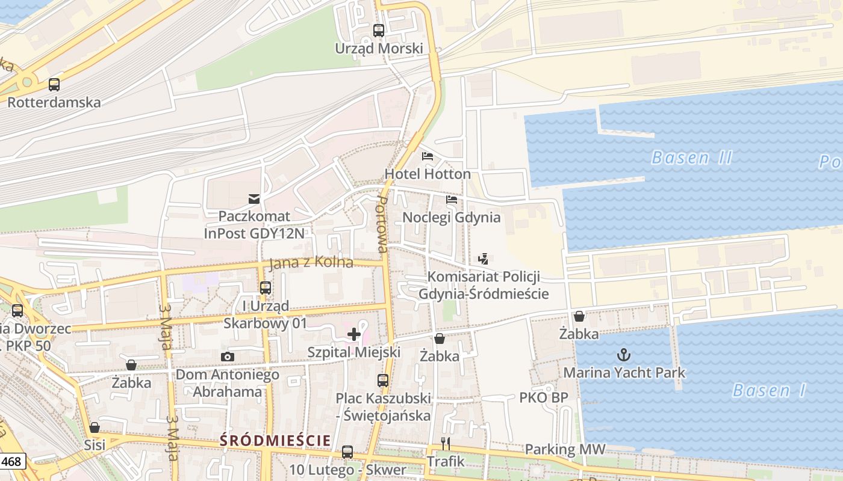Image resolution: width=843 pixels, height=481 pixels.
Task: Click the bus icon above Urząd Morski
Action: pyautogui.click(x=378, y=30)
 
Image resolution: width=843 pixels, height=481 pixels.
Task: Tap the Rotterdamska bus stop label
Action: pyautogui.click(x=54, y=102)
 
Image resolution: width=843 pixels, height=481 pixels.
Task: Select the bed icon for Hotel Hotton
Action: pyautogui.click(x=428, y=156)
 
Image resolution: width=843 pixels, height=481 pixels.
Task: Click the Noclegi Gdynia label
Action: pyautogui.click(x=452, y=217)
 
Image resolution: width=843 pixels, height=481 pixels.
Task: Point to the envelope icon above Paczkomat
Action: pyautogui.click(x=254, y=198)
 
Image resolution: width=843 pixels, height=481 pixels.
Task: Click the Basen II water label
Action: pyautogui.click(x=692, y=158)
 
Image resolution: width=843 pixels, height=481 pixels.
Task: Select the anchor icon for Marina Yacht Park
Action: pyautogui.click(x=624, y=355)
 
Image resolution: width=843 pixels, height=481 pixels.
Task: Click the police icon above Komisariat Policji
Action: pyautogui.click(x=482, y=259)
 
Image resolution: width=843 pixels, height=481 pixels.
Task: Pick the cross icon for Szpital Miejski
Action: pyautogui.click(x=354, y=334)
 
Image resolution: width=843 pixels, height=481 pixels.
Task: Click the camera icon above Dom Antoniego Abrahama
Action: pyautogui.click(x=227, y=357)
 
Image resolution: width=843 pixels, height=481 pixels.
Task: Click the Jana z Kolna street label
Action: pyautogui.click(x=311, y=263)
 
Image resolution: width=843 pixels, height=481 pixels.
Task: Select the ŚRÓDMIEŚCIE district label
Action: pyautogui.click(x=275, y=441)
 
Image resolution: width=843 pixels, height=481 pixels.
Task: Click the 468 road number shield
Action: pyautogui.click(x=13, y=462)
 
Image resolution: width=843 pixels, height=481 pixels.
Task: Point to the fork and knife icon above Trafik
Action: pyautogui.click(x=446, y=444)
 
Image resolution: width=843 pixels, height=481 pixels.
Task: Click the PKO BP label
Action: pyautogui.click(x=544, y=397)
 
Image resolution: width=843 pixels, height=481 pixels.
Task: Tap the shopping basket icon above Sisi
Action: pyautogui.click(x=95, y=427)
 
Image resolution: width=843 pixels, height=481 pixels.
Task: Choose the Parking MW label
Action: pyautogui.click(x=565, y=450)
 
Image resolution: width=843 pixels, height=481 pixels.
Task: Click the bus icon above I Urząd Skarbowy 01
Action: pyautogui.click(x=266, y=288)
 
